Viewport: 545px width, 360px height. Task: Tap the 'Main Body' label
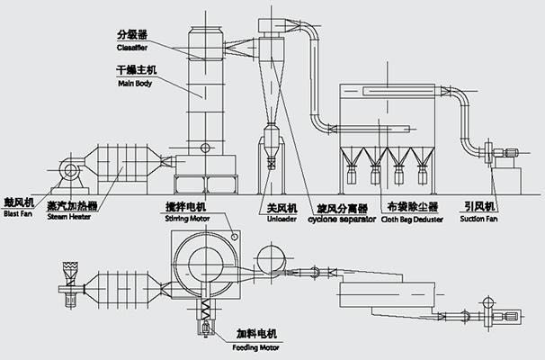pos(132,84)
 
